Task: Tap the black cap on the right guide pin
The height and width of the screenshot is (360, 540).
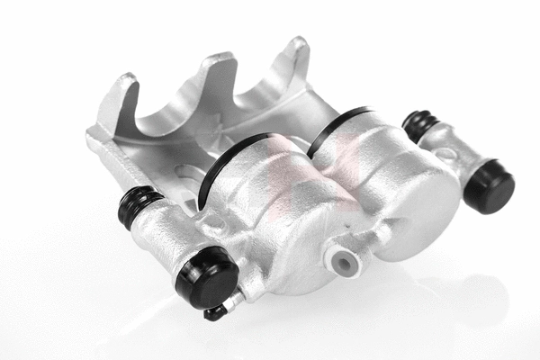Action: pyautogui.click(x=490, y=185)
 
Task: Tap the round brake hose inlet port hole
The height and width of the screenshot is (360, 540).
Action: pyautogui.click(x=342, y=261)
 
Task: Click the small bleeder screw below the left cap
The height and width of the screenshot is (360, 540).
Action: pyautogui.click(x=217, y=310)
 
